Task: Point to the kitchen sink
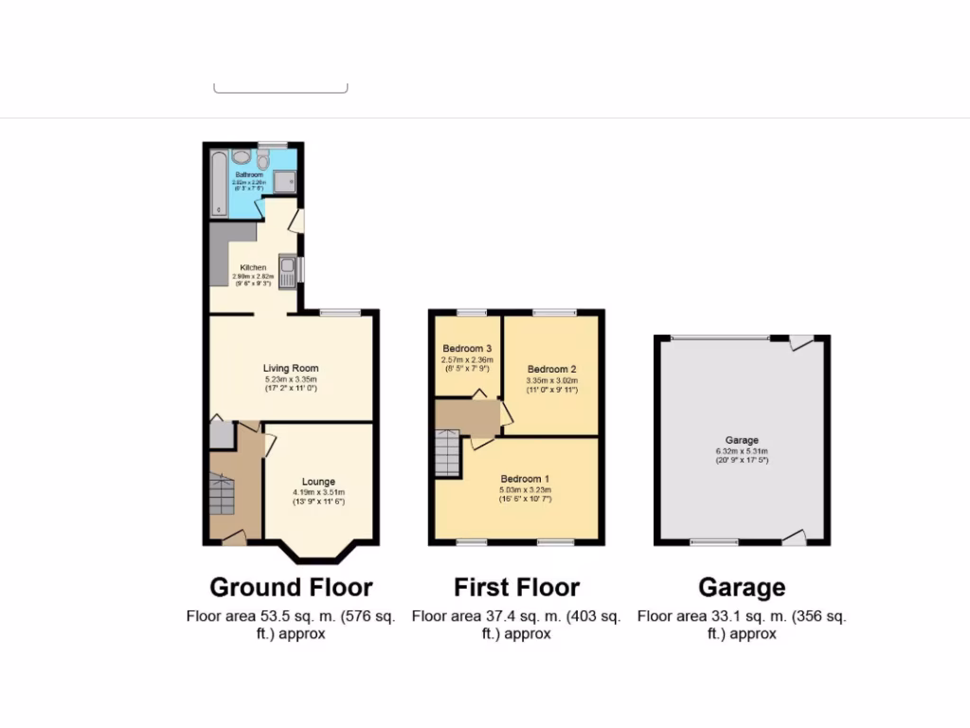(287, 268)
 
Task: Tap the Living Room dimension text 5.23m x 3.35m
(291, 380)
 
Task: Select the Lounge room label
(318, 482)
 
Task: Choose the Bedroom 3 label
(467, 349)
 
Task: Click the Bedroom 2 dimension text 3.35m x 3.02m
(552, 381)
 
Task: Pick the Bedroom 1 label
(526, 479)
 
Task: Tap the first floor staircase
(447, 453)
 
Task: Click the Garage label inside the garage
(742, 441)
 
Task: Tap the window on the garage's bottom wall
(702, 542)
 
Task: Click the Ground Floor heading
(291, 588)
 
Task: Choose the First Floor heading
(516, 588)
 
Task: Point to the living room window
(339, 312)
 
